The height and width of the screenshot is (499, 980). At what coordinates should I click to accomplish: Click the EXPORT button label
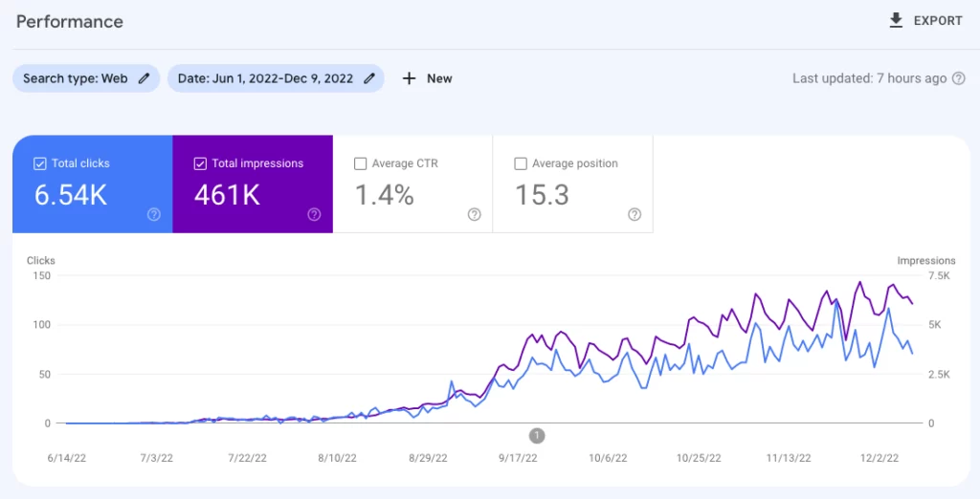click(938, 21)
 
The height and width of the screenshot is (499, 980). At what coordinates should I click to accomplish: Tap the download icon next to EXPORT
click(897, 20)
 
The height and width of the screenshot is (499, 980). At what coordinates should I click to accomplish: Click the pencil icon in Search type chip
click(145, 78)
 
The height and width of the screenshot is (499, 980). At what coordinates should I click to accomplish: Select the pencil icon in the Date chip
click(369, 78)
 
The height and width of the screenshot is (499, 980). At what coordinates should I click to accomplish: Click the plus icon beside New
click(409, 78)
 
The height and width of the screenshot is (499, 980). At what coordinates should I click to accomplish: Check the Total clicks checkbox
click(39, 163)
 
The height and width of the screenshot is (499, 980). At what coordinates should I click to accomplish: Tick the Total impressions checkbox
click(199, 163)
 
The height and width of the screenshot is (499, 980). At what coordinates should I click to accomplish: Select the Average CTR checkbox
click(360, 163)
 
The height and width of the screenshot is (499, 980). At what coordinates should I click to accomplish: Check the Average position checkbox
click(521, 163)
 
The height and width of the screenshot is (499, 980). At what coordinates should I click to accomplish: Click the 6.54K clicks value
click(71, 195)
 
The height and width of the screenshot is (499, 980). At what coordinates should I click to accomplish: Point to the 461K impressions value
click(227, 195)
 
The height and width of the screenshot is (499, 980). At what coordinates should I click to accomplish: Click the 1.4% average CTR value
click(384, 195)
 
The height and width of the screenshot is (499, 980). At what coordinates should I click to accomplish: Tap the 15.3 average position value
click(542, 195)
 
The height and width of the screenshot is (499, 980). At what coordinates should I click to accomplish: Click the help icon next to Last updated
click(959, 78)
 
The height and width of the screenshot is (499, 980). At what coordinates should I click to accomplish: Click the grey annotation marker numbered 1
click(537, 436)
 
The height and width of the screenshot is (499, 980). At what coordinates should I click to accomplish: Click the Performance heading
click(70, 21)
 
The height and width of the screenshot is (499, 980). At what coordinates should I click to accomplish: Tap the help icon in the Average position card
click(634, 215)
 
